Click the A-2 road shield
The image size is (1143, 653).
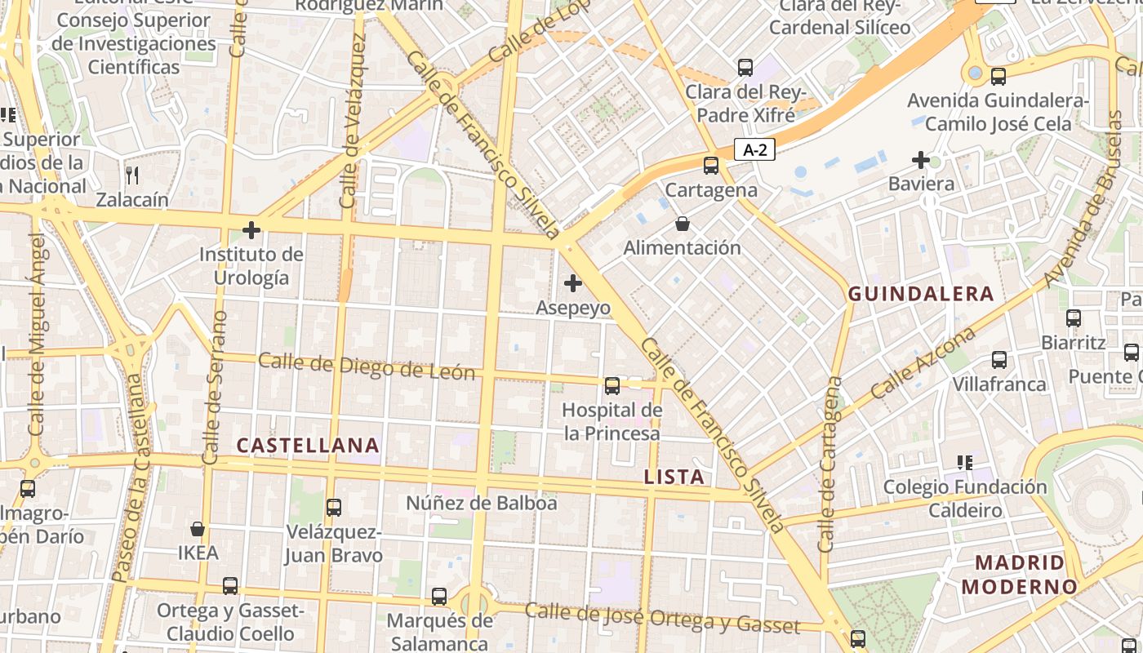coord(754,149)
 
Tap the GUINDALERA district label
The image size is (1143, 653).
coord(921,294)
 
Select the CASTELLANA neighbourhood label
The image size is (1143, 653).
coord(308,445)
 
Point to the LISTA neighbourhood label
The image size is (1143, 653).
coord(674,477)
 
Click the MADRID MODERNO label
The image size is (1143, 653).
coord(1020,574)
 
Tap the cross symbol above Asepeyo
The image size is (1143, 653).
coord(573,283)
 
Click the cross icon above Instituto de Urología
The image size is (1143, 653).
coord(251,230)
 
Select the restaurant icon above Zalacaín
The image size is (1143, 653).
coord(132,175)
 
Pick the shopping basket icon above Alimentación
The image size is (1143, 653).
coord(683,223)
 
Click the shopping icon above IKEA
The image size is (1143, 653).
coord(198,529)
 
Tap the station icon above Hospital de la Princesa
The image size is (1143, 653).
coord(612,385)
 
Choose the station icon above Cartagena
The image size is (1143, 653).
coord(711,165)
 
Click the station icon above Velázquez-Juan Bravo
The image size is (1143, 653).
coord(333,508)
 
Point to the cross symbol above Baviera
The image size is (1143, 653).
coord(921,159)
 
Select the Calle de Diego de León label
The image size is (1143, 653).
coord(367,366)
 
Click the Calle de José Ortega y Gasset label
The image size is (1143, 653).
coord(662,618)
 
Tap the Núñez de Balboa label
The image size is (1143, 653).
coord(482,503)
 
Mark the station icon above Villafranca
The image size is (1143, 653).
coord(998,359)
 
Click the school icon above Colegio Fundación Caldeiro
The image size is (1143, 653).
coord(965,463)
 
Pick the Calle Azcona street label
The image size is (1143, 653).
coord(923,363)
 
